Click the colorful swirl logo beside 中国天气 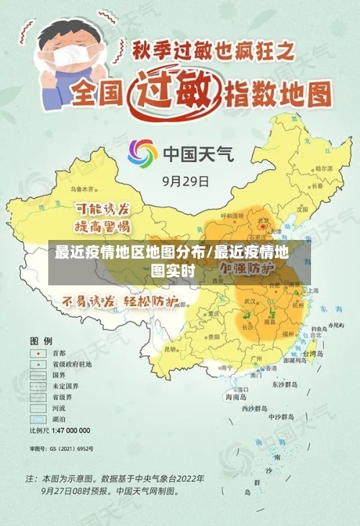tap(143, 153)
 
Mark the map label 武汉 tap(250, 300)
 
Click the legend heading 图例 tap(40, 339)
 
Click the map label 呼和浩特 tap(232, 216)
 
